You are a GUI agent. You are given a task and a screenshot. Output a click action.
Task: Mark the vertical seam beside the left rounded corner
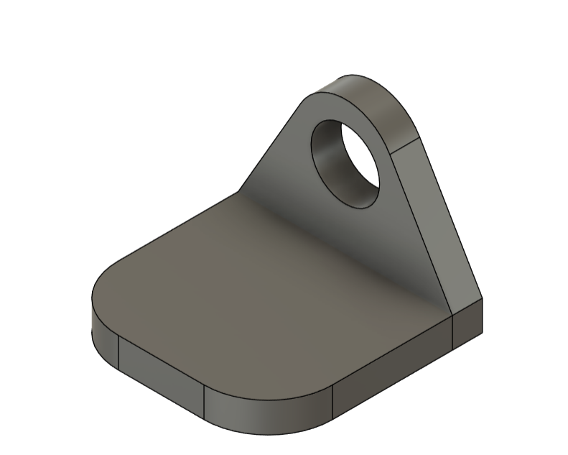(118, 351)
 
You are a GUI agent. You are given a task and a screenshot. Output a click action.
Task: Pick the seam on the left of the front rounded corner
(205, 403)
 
